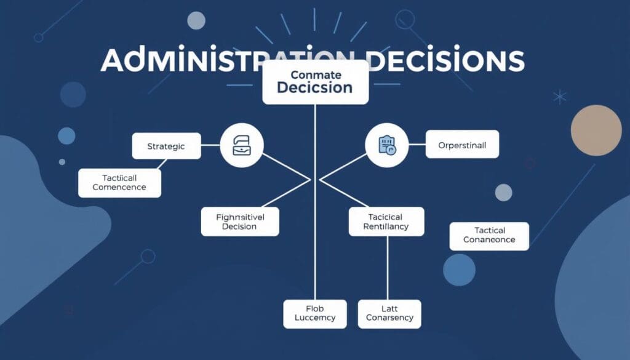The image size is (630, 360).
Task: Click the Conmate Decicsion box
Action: [x=315, y=82]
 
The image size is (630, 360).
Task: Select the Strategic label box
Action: [x=166, y=146]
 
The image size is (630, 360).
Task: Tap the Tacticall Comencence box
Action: [x=119, y=183]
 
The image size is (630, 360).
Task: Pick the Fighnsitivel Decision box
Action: [x=240, y=222]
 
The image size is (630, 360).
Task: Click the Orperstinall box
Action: [x=462, y=145]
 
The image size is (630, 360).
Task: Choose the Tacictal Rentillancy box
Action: [x=386, y=222]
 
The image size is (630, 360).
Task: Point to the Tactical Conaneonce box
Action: [x=489, y=236]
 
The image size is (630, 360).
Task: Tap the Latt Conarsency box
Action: [x=389, y=313]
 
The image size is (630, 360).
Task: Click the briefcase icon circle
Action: [x=242, y=146]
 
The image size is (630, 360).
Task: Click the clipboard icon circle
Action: [x=386, y=146]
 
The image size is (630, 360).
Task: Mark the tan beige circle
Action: [x=596, y=130]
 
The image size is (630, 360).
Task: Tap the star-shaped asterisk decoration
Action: [x=560, y=96]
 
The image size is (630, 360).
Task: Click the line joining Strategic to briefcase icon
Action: [x=210, y=146]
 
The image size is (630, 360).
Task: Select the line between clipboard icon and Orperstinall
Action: [x=417, y=146]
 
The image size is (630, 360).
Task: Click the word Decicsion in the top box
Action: [x=315, y=87]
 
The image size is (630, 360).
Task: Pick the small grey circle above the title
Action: [x=196, y=20]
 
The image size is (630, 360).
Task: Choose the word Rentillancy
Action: [x=386, y=227]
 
